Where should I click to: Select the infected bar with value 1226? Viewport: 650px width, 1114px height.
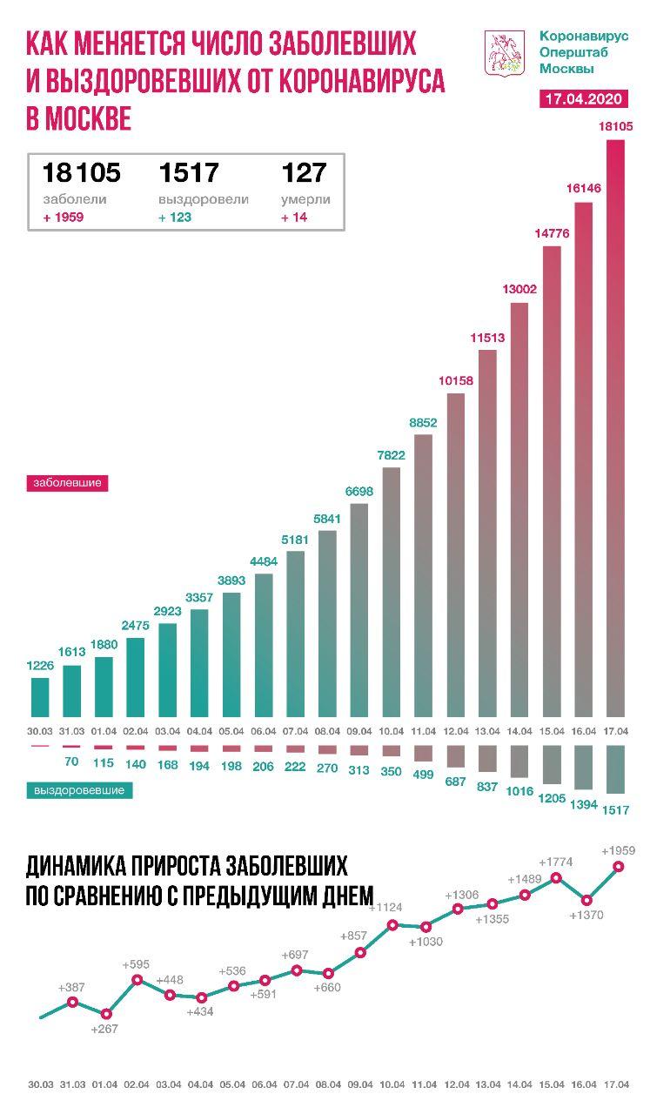click(x=40, y=695)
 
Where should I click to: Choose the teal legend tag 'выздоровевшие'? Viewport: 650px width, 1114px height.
click(x=78, y=790)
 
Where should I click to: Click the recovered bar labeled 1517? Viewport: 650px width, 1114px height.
click(x=616, y=768)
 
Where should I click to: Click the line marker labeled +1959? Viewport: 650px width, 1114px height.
click(x=619, y=866)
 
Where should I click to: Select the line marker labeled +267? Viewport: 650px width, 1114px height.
click(x=106, y=1013)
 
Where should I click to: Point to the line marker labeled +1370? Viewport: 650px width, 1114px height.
click(x=586, y=900)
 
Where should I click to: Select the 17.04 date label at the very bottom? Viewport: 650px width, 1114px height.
click(x=616, y=1084)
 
